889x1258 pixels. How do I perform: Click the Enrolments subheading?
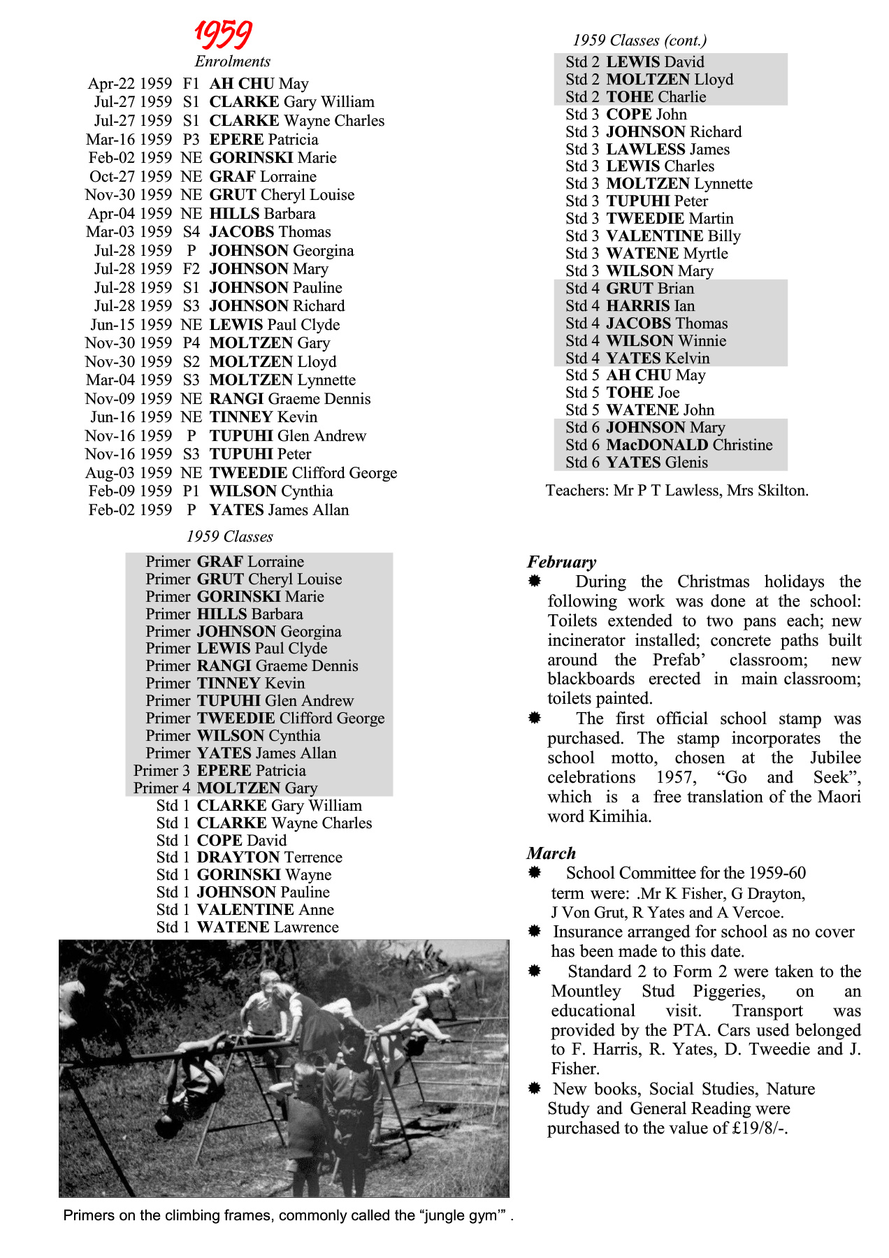232,62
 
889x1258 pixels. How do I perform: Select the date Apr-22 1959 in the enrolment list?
130,84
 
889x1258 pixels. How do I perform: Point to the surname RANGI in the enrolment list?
236,399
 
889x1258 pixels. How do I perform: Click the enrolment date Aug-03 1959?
129,473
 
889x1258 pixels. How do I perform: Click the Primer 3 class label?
161,771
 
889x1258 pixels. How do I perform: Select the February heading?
562,563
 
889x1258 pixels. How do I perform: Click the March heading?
551,853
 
